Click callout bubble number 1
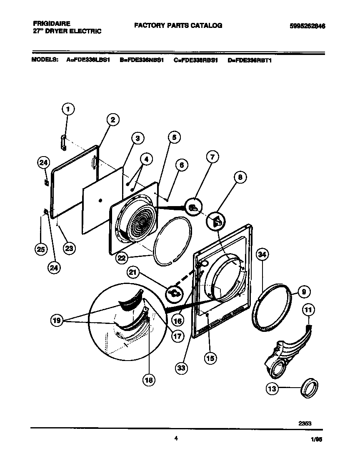(x=68, y=110)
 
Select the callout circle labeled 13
(x=272, y=389)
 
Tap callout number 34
(x=262, y=255)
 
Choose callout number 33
(x=181, y=368)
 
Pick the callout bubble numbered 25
(x=40, y=250)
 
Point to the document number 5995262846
(x=307, y=26)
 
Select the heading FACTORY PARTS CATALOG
(x=178, y=25)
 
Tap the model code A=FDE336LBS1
(x=88, y=60)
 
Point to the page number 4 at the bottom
(x=176, y=438)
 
